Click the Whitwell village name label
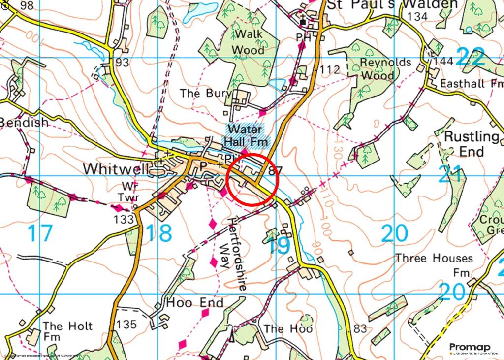[x=116, y=169]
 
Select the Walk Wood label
[x=248, y=42]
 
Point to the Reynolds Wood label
[x=378, y=69]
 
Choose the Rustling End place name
[x=472, y=143]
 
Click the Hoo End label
[x=195, y=302]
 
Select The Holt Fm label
[x=61, y=331]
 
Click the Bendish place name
[x=25, y=122]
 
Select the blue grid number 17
[x=39, y=233]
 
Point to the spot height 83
[x=360, y=329]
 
